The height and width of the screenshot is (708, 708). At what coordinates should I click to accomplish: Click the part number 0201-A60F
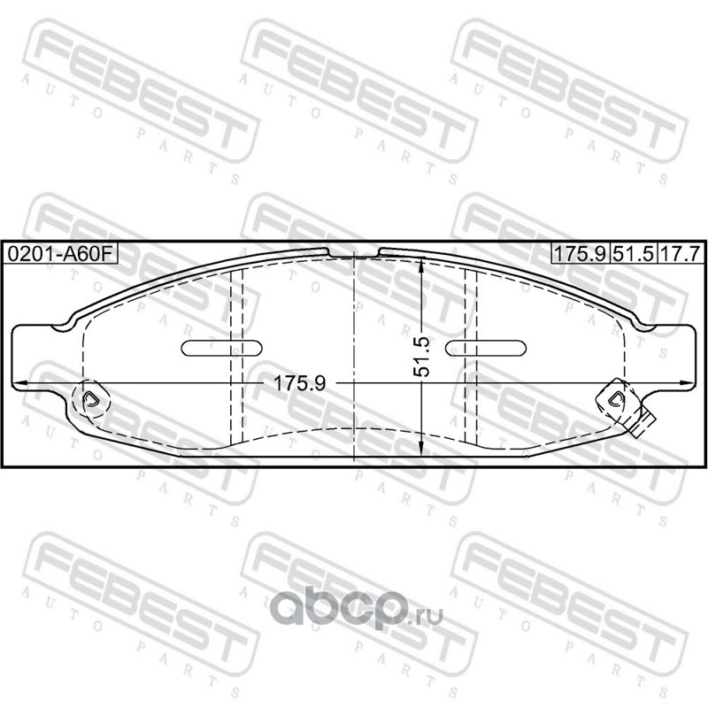(59, 254)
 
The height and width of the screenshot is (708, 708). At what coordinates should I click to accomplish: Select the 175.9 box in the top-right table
(580, 254)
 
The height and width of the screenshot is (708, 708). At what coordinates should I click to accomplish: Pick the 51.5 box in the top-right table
(633, 254)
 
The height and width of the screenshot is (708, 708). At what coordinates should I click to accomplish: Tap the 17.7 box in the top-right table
(679, 254)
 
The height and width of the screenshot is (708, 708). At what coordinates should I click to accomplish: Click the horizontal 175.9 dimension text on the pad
(300, 384)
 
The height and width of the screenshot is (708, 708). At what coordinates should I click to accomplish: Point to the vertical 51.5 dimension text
(422, 357)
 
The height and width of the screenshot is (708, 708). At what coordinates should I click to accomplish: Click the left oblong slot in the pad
(222, 348)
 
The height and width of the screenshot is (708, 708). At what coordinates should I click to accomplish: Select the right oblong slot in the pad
(485, 348)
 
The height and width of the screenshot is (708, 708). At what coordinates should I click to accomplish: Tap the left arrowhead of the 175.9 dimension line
(18, 383)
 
